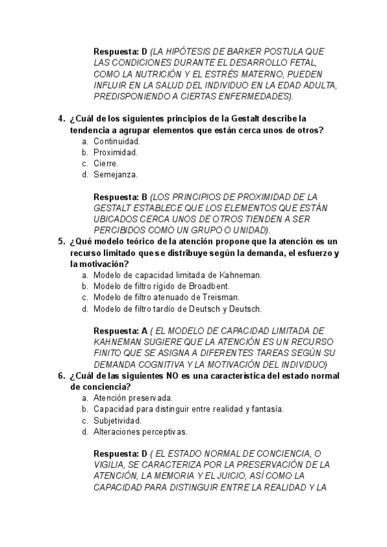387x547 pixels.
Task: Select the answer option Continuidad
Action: [x=117, y=141]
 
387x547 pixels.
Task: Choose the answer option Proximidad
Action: [x=115, y=152]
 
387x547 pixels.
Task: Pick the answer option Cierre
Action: [x=106, y=163]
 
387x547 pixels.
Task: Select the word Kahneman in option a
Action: [x=241, y=275]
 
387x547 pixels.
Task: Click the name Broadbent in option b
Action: [x=209, y=286]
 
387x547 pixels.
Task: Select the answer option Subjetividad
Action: [x=117, y=421]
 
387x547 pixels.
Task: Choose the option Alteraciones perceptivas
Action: [x=140, y=432]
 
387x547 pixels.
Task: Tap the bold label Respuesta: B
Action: [x=121, y=197]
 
